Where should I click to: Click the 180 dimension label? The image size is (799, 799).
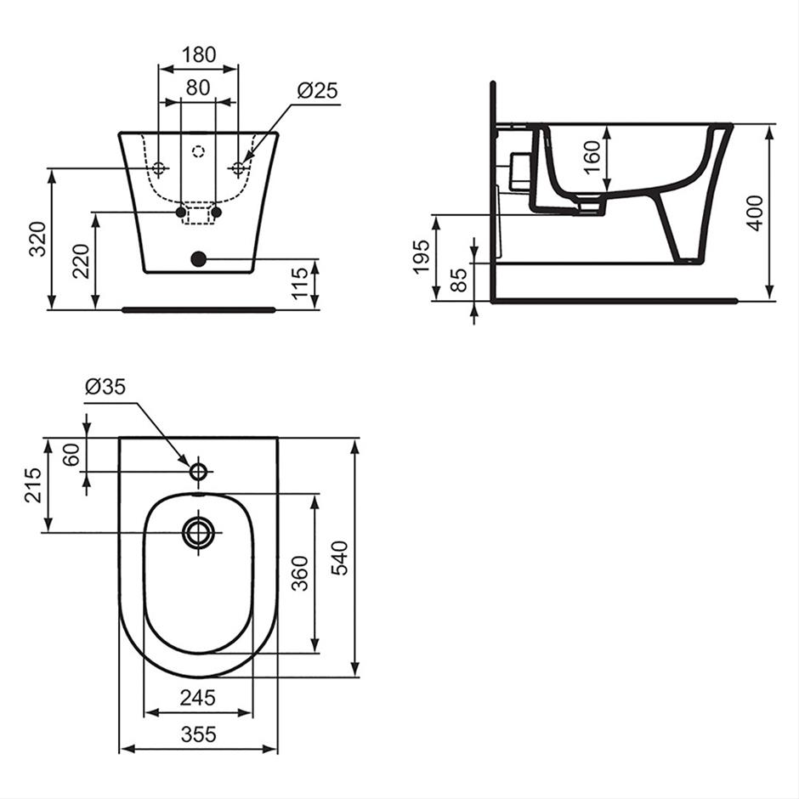(x=199, y=54)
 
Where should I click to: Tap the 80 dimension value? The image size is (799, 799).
(x=198, y=88)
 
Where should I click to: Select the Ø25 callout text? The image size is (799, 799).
(x=317, y=91)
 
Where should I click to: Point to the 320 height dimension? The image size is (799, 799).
(x=37, y=239)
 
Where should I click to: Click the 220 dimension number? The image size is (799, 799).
(x=81, y=262)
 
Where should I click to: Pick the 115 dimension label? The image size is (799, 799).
(x=300, y=283)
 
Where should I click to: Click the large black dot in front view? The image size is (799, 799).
(x=198, y=259)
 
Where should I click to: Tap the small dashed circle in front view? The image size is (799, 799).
(x=198, y=150)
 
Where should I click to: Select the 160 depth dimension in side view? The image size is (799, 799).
(x=592, y=157)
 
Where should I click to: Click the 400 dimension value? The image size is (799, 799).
(x=755, y=213)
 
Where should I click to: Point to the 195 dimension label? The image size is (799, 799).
(x=422, y=258)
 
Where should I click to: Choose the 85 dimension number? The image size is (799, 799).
(x=459, y=280)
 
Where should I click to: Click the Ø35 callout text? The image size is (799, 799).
(x=105, y=387)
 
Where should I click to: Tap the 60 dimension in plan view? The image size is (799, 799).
(x=71, y=455)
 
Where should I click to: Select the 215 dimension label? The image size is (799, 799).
(x=33, y=485)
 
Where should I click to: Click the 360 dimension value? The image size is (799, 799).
(x=299, y=573)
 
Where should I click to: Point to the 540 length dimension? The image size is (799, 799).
(x=339, y=558)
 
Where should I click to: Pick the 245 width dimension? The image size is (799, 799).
(x=198, y=698)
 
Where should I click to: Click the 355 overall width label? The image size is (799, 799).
(x=198, y=734)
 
